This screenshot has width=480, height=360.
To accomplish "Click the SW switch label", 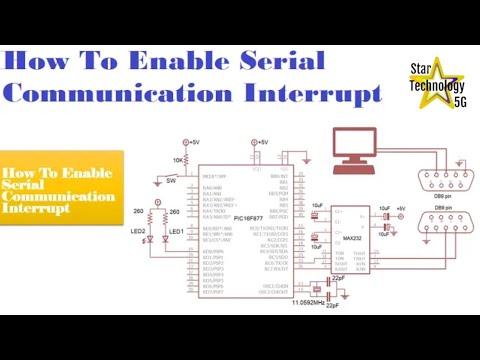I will point(171,183).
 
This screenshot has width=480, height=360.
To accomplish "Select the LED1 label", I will point(176,232).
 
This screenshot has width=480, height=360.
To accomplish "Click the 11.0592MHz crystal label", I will point(308,301).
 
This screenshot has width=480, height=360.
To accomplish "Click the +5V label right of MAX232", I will point(400,206).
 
